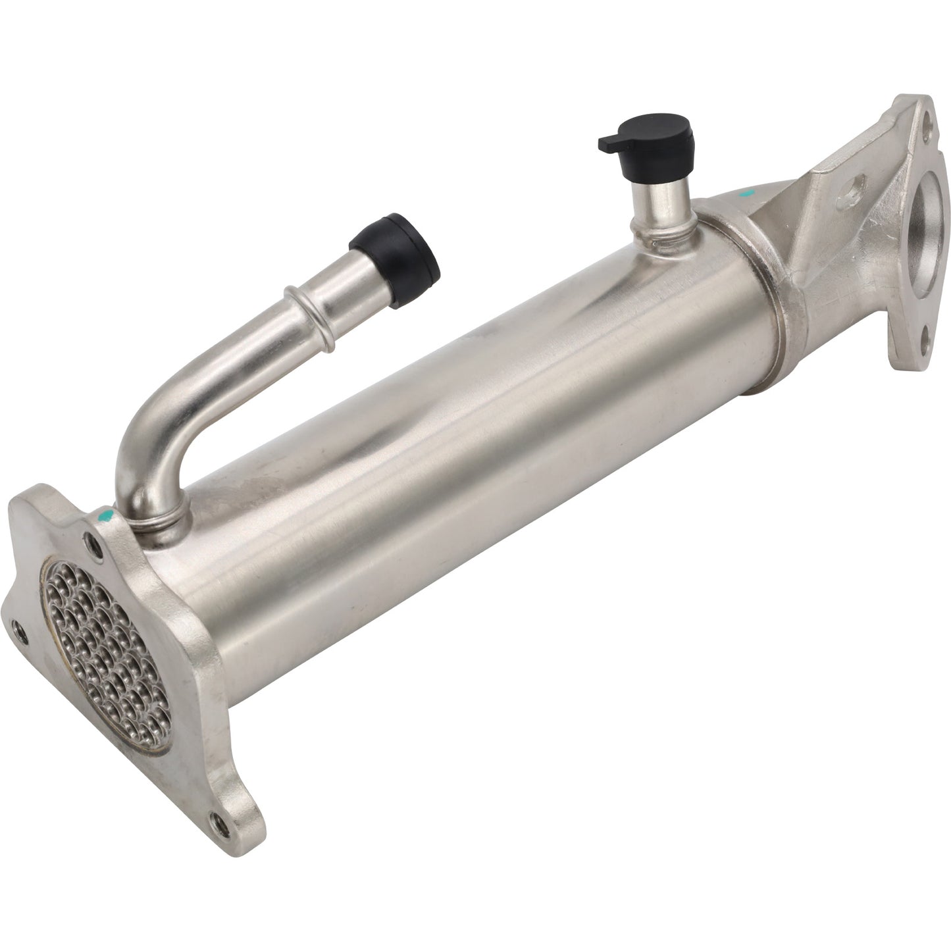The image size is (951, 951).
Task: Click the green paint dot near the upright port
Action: [x=745, y=194]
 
